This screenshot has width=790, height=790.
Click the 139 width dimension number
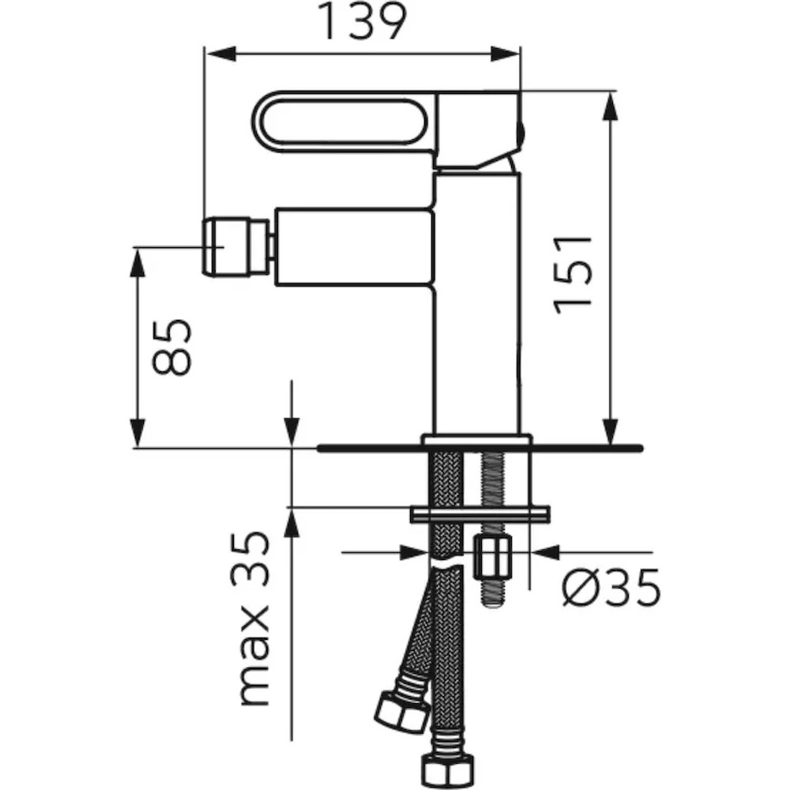pyautogui.click(x=363, y=21)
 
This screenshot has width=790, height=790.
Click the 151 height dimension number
pyautogui.click(x=573, y=275)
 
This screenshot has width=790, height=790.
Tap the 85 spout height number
pyautogui.click(x=172, y=347)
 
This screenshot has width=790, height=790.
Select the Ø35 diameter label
pyautogui.click(x=611, y=587)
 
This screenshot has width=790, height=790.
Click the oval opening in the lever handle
pyautogui.click(x=343, y=121)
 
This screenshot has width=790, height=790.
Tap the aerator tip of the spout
pyautogui.click(x=228, y=246)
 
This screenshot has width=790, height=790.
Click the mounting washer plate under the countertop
pyautogui.click(x=480, y=514)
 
